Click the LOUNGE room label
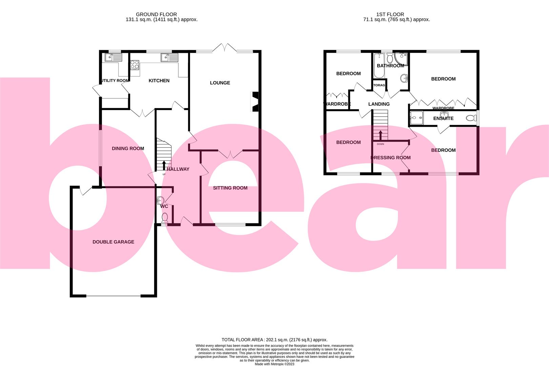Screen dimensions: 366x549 (220, 83)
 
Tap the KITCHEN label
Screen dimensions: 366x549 (159, 81)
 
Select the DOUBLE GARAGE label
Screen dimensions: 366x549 (113, 242)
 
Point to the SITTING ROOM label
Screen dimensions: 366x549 (230, 188)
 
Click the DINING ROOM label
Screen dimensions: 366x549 (128, 148)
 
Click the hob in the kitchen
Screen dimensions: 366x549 (135, 64)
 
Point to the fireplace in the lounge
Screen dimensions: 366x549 (255, 102)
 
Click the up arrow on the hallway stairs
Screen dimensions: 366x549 (164, 165)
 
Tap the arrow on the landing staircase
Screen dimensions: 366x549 (380, 135)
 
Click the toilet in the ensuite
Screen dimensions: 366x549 (471, 118)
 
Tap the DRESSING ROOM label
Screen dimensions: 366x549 (390, 158)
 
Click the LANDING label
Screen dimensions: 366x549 (379, 104)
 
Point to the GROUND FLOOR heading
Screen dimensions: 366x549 (156, 14)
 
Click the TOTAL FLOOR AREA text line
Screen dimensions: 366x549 (274, 340)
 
